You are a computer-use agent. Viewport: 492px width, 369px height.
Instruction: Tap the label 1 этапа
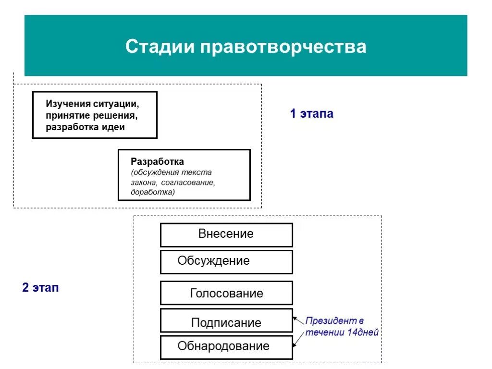tap(311, 114)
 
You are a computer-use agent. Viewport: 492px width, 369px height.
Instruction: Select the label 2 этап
tap(40, 288)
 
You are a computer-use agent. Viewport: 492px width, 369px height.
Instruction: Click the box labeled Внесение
tap(226, 234)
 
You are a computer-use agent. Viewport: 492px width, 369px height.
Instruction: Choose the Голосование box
tap(226, 293)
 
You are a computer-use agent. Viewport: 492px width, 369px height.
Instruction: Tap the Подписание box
tap(226, 322)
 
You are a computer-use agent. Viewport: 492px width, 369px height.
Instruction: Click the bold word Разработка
tap(157, 162)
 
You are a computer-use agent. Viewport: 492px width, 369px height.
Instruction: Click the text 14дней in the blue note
tap(362, 332)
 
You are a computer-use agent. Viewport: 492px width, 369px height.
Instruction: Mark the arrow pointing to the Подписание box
tap(298, 320)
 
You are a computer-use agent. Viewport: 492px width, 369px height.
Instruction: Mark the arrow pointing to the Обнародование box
tap(298, 339)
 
